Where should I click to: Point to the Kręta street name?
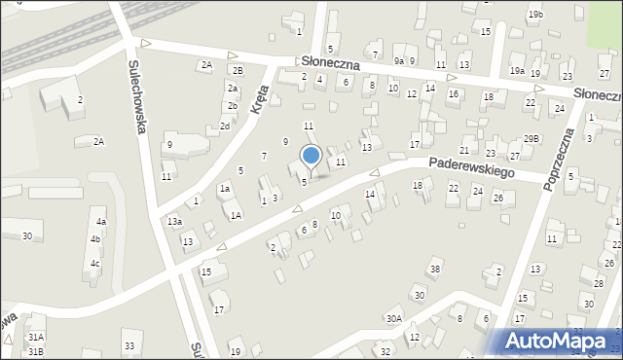pos(258,96)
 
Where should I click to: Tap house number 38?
pos(435,269)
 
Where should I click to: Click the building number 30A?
pos(393,318)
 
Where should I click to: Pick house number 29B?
pos(531,139)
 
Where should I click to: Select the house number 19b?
pos(535,15)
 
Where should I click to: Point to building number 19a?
pos(517,71)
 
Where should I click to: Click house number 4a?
pos(100,223)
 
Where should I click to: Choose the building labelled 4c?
pos(94,263)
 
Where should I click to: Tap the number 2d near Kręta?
pos(225,126)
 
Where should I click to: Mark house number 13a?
pos(173,222)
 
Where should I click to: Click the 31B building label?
pos(36,350)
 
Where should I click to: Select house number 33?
pos(128,345)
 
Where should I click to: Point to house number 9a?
pos(398,60)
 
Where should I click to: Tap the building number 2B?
pos(237,70)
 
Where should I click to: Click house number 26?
pos(497,198)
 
